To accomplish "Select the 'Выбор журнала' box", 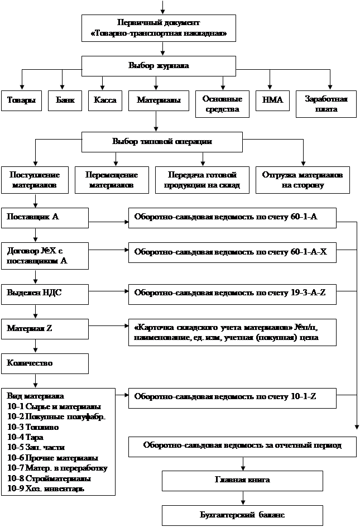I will click(x=159, y=65).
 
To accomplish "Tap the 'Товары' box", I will click(x=21, y=100).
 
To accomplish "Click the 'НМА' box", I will click(x=272, y=100).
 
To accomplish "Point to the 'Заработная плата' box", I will click(x=326, y=104).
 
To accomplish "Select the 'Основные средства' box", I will click(x=222, y=104).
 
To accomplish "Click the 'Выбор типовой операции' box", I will click(x=162, y=142).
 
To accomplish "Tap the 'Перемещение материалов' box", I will click(x=112, y=179).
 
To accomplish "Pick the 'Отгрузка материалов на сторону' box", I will click(x=303, y=179).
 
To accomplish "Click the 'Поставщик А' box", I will click(x=45, y=217).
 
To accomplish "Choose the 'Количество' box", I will click(x=45, y=363).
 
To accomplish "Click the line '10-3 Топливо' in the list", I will click(x=28, y=426).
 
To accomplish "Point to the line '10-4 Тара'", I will click(x=26, y=437).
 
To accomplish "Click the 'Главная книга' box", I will click(x=242, y=480).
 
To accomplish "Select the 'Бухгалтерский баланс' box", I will click(x=242, y=514).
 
